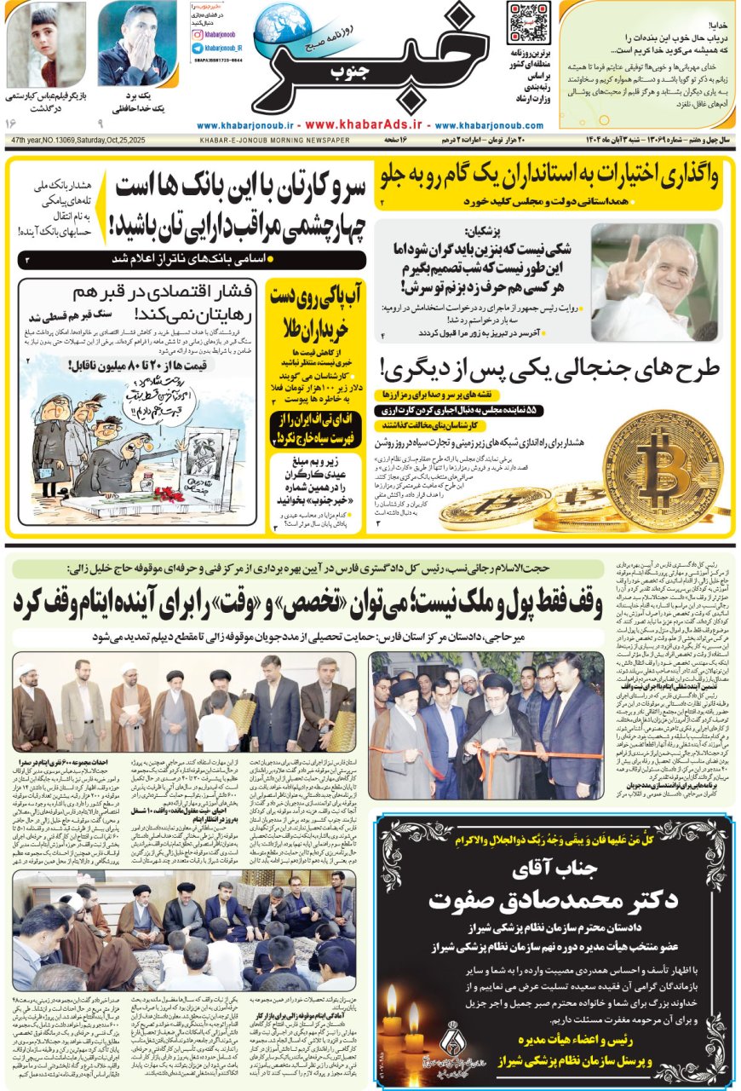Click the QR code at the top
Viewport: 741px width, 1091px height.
tap(529, 24)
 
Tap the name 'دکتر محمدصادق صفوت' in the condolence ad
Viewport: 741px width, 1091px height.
tap(561, 899)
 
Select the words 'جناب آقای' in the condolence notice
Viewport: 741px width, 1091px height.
tap(562, 870)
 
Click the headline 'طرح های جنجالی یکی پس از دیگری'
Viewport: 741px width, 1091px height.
tap(550, 369)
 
